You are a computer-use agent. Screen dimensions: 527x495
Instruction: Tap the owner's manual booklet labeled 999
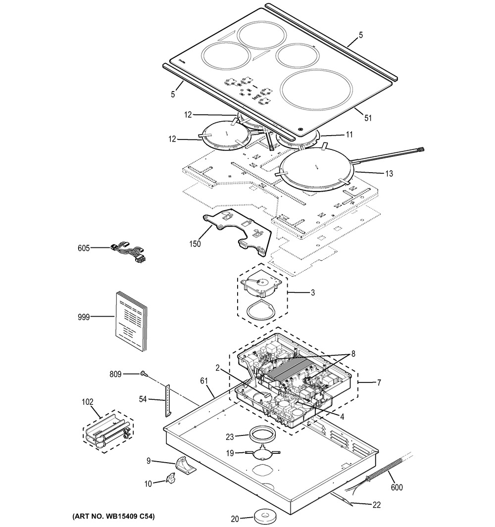pos(131,321)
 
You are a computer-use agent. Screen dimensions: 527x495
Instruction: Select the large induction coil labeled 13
pos(317,171)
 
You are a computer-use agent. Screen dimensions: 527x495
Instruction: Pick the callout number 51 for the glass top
pos(368,118)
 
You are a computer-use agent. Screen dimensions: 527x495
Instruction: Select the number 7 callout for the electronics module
pos(379,383)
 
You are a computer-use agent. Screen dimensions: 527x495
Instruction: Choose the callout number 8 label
pos(353,353)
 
